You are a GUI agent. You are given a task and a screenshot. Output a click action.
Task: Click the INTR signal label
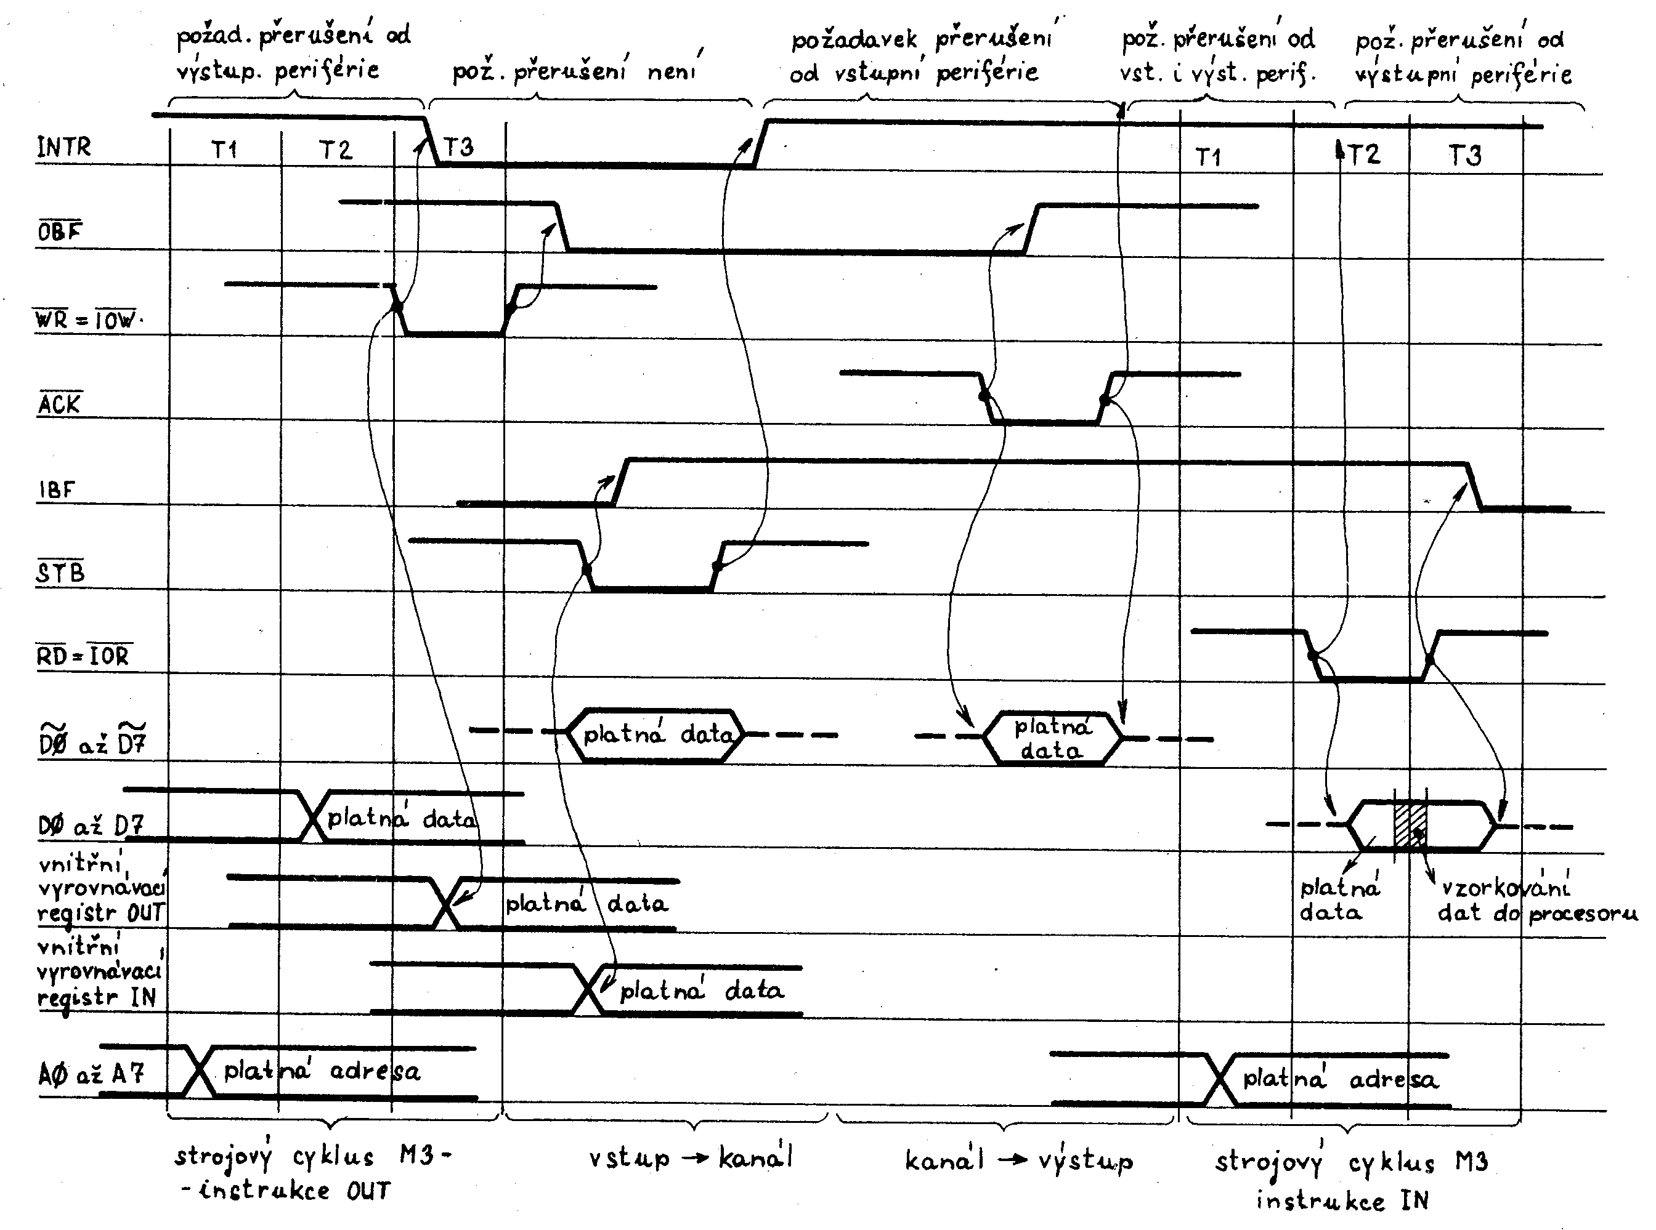64,147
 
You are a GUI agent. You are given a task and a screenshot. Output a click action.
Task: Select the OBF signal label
60,231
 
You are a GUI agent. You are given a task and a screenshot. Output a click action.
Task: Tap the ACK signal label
60,404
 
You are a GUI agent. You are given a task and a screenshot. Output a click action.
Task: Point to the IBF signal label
57,490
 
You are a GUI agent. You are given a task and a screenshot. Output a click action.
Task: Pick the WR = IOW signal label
86,320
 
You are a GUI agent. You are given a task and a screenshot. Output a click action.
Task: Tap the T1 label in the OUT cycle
224,150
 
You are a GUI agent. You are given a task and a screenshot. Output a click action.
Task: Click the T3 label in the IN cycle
1464,156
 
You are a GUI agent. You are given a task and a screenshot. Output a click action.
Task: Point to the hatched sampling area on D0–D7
1410,824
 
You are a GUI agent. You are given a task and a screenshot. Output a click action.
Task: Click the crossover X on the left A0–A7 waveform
199,1071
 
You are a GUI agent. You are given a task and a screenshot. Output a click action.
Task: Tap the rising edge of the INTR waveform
760,142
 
